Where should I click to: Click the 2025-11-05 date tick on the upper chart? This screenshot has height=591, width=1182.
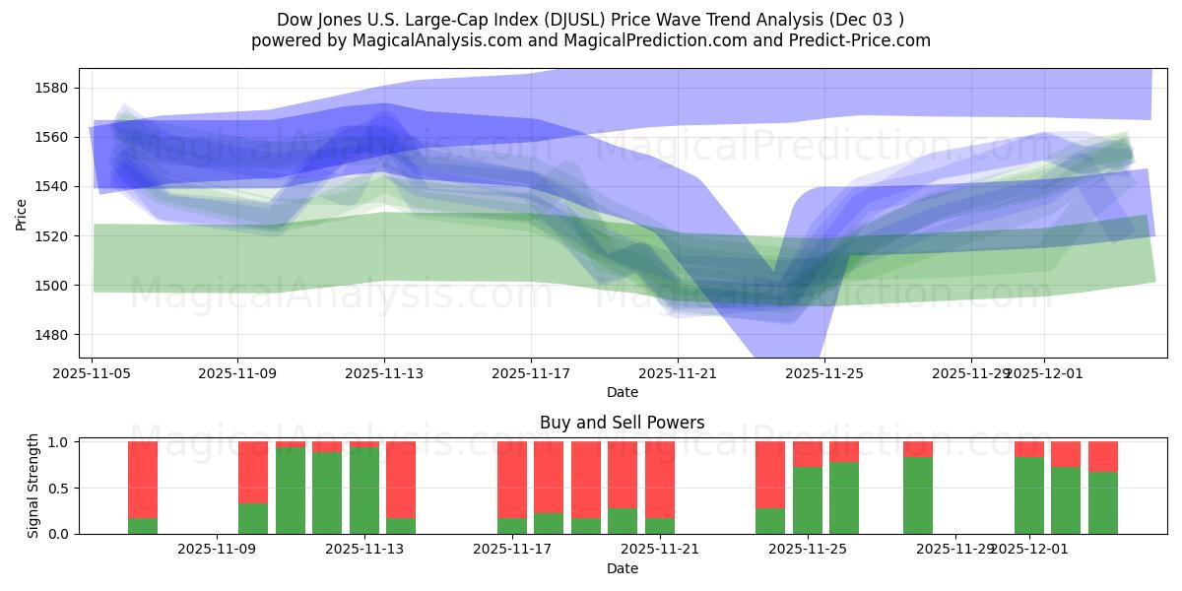(93, 373)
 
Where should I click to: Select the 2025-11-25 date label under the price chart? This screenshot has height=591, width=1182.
(823, 373)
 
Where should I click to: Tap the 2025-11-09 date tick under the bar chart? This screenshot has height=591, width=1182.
(217, 550)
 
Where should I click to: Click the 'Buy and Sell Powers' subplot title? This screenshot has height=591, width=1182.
(622, 423)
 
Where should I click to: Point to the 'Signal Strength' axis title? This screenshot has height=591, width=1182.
(33, 487)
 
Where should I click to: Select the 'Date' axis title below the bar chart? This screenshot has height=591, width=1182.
(622, 568)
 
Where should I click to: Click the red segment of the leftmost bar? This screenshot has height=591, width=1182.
(143, 479)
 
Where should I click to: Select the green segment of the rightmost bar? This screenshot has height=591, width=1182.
(1103, 502)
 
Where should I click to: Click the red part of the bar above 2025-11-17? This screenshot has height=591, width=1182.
(512, 479)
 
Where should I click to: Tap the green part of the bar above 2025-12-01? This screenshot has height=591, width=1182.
(1029, 494)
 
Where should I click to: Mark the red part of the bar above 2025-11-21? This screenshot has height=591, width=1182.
(660, 479)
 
